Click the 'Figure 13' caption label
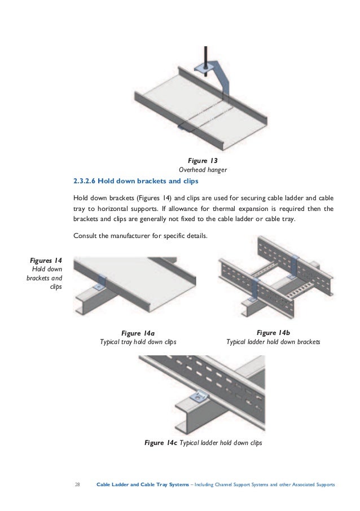click(x=203, y=160)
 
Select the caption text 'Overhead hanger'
click(x=203, y=169)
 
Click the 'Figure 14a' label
click(x=138, y=333)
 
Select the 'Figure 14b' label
click(x=273, y=333)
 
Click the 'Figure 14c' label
click(x=161, y=443)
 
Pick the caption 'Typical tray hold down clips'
click(x=138, y=342)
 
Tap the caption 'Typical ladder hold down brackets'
click(x=273, y=342)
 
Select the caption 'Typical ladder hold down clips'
click(x=220, y=443)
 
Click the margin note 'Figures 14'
click(x=46, y=260)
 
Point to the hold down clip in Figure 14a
click(x=101, y=283)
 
